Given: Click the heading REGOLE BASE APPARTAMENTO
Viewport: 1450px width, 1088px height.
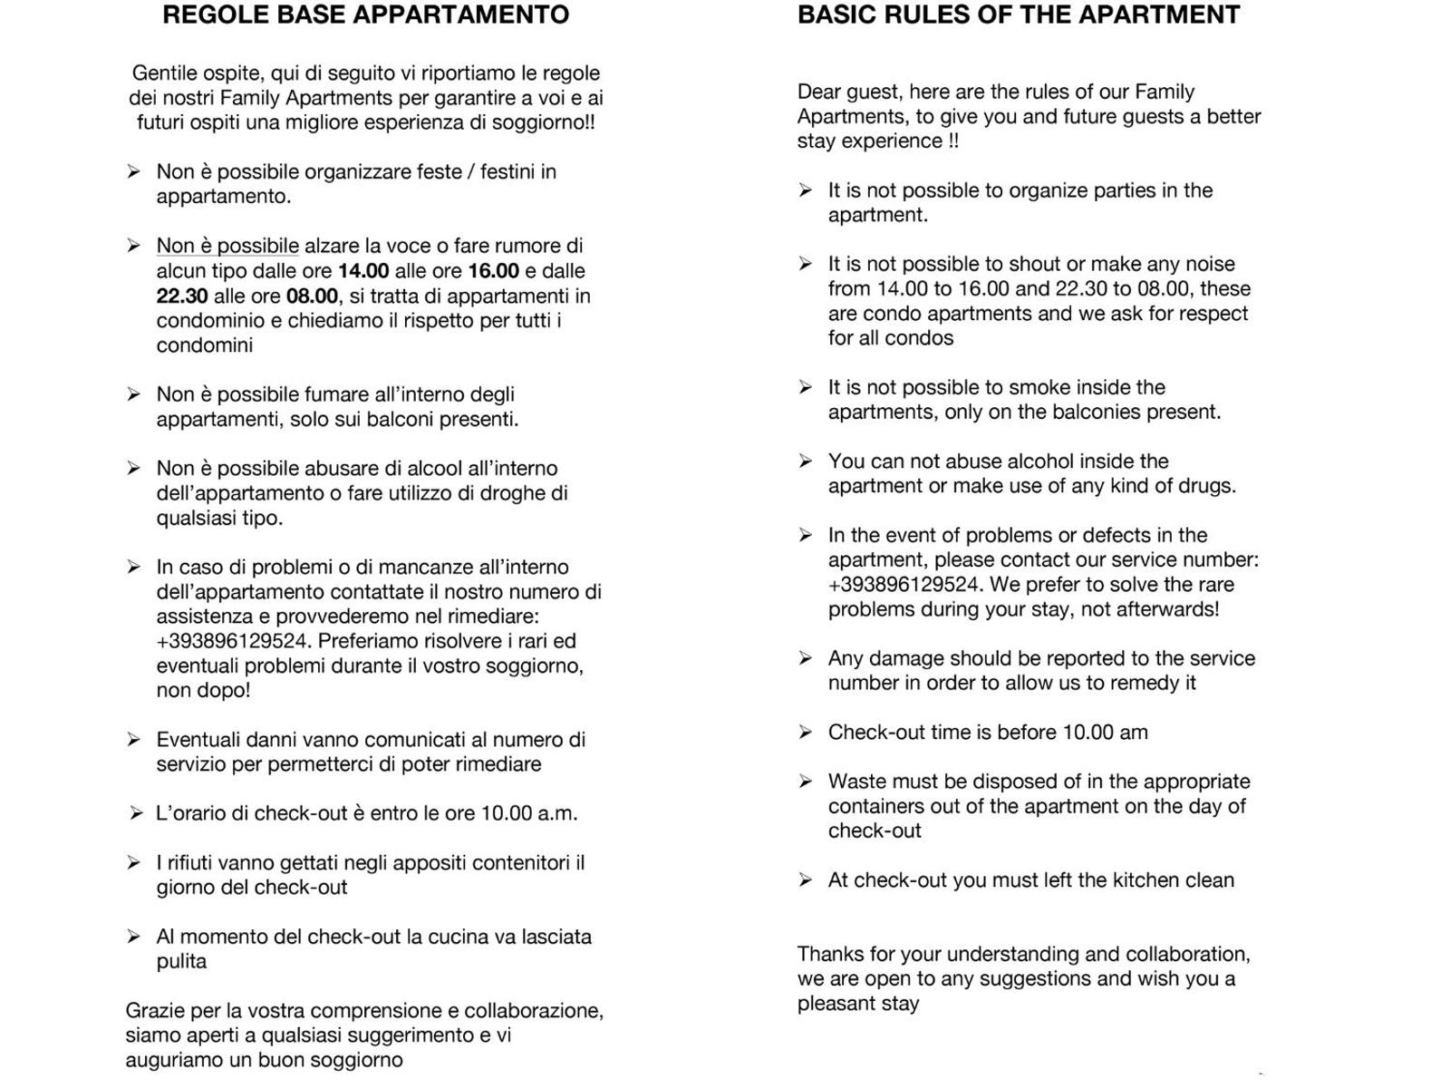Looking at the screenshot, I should [365, 15].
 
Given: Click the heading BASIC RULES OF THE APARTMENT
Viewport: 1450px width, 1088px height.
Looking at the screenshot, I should [1018, 15].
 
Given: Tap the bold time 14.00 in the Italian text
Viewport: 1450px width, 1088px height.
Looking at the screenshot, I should [363, 271].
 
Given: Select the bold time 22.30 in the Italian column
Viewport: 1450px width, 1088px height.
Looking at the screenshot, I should [181, 296].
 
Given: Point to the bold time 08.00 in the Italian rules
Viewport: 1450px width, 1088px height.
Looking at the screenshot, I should [312, 296].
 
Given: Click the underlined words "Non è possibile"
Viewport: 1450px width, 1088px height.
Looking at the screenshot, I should [227, 246].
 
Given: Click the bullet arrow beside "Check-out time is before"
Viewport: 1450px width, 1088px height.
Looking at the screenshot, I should [805, 732].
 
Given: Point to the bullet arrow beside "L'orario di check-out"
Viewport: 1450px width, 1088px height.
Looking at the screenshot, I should [135, 813].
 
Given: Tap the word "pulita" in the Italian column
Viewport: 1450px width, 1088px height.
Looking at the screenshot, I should [181, 961].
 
